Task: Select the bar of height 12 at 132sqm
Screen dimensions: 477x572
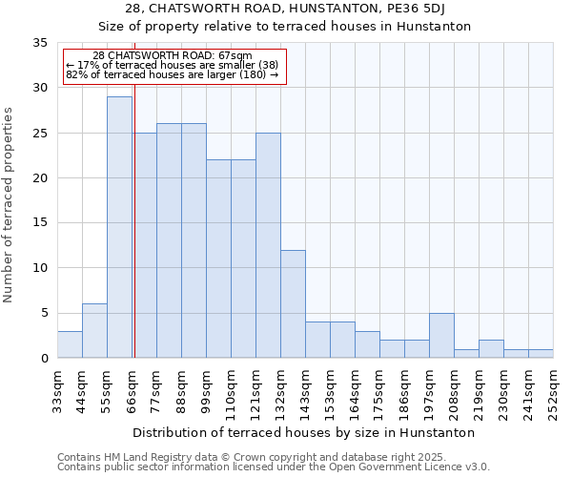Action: click(293, 303)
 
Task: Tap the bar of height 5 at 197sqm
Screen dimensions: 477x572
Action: click(441, 335)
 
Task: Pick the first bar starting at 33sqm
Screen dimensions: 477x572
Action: click(70, 344)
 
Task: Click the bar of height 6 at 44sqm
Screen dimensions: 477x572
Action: click(94, 331)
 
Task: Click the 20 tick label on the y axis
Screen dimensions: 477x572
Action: click(39, 178)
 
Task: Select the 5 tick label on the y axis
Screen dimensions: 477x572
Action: click(43, 314)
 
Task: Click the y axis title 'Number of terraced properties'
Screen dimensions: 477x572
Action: click(9, 205)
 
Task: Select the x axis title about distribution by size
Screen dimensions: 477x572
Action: click(304, 433)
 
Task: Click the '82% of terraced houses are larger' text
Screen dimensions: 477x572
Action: click(172, 74)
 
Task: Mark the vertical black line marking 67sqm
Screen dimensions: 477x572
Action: click(134, 238)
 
